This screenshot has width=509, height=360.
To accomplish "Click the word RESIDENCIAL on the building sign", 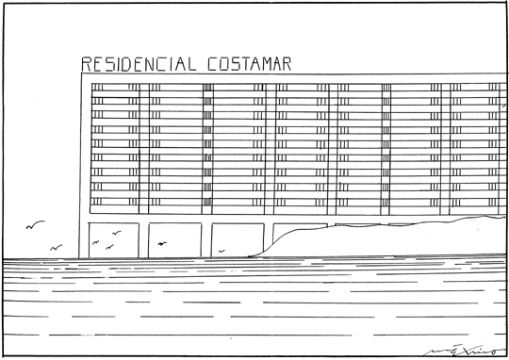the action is click(140, 64).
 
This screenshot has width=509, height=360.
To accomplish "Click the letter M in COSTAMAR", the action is click(271, 64).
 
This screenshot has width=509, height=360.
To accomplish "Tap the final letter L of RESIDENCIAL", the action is click(191, 64).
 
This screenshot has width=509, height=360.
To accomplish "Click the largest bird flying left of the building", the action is click(35, 225).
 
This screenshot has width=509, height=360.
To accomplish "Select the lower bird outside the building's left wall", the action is click(56, 247).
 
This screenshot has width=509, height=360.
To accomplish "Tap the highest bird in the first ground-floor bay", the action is click(117, 233).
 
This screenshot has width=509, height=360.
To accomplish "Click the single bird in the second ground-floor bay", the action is click(161, 244).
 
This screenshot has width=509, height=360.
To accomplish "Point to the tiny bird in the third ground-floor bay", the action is click(222, 251).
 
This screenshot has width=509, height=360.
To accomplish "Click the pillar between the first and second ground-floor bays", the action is click(143, 239).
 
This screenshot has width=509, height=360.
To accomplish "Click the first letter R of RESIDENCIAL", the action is click(87, 64).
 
